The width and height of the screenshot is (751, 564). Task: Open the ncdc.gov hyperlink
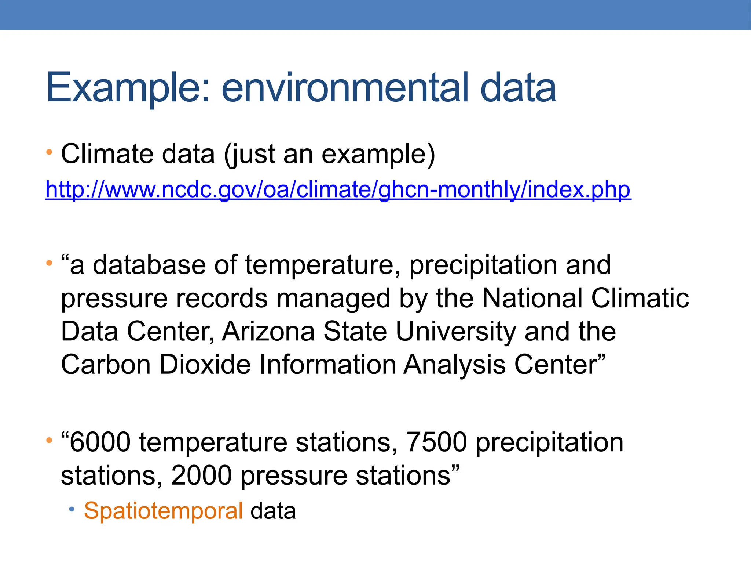[x=338, y=190]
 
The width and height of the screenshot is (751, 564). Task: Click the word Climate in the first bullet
[x=107, y=154]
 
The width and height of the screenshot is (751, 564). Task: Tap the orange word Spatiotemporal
[x=163, y=511]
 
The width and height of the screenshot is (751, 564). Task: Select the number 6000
[x=100, y=442]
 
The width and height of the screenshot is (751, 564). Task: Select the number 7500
[x=437, y=442]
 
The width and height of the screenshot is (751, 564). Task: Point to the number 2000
[x=201, y=476]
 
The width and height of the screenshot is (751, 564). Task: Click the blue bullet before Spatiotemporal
[x=72, y=509]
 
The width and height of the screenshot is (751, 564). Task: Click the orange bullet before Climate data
[x=49, y=152]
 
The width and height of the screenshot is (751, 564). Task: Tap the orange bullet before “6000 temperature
[x=49, y=440]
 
